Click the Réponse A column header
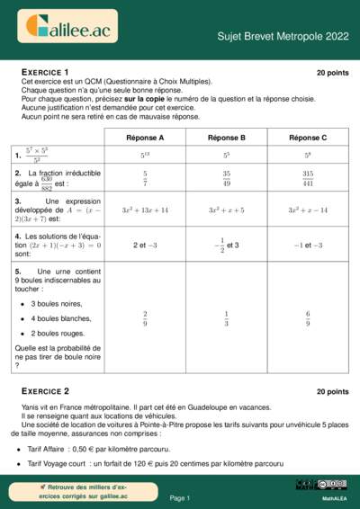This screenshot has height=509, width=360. pyautogui.click(x=144, y=138)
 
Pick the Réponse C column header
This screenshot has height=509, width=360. pyautogui.click(x=308, y=138)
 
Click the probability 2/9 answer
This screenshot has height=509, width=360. pyautogui.click(x=144, y=318)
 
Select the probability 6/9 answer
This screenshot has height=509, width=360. pyautogui.click(x=308, y=318)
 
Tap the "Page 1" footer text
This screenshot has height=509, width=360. pyautogui.click(x=180, y=497)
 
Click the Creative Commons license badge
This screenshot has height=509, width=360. pyautogui.click(x=333, y=485)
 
